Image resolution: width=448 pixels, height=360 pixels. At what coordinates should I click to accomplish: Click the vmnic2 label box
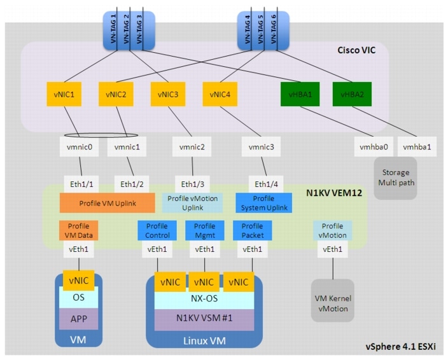(x=192, y=148)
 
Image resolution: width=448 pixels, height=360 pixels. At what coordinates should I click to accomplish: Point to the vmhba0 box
(x=370, y=148)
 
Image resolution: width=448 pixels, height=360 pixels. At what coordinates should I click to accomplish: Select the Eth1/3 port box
(x=192, y=184)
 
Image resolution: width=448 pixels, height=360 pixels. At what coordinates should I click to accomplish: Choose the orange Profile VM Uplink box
(x=107, y=203)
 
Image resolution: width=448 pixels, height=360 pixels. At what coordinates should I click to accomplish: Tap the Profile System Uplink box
(x=264, y=203)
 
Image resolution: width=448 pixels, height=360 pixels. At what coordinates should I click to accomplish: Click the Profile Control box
(x=157, y=230)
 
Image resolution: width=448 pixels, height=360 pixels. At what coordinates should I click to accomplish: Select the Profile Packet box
(x=252, y=230)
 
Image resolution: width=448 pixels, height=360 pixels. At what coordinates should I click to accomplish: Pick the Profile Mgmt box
(x=204, y=230)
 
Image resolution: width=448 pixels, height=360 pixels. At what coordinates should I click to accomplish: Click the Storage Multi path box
(x=395, y=177)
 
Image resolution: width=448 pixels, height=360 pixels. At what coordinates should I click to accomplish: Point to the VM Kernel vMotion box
(x=332, y=304)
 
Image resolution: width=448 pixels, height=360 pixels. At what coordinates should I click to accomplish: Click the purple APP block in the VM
(x=78, y=318)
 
